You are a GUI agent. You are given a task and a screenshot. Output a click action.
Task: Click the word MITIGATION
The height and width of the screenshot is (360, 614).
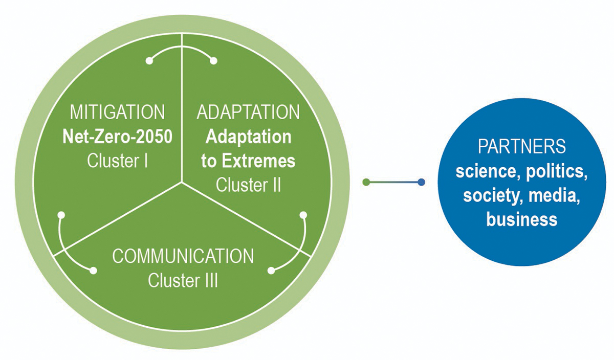tap(118, 112)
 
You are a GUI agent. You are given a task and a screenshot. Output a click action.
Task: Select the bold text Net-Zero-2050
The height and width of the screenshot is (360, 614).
tap(118, 137)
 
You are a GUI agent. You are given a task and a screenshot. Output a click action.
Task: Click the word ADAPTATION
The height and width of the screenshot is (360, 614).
tap(249, 112)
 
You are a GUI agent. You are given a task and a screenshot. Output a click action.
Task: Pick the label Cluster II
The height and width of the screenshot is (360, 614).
tap(249, 185)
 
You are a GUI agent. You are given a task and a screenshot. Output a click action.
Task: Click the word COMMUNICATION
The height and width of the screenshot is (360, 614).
tap(183, 256)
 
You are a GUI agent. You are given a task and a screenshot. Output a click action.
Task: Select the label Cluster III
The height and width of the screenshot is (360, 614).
tap(183, 280)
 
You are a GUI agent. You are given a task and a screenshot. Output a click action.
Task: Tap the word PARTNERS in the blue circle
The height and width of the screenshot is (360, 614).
tap(521, 147)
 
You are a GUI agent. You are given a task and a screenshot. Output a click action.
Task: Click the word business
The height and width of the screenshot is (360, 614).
tap(521, 219)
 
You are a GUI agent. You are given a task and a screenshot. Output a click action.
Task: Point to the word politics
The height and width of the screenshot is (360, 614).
tap(558, 171)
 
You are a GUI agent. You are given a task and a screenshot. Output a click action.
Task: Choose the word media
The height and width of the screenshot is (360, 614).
tap(556, 195)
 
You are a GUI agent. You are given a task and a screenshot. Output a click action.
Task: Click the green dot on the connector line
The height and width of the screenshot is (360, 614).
tap(366, 182)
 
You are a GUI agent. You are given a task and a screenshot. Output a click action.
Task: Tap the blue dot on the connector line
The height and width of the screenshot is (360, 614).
tap(421, 182)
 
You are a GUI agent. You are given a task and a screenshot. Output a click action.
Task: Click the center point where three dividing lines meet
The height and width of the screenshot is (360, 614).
tap(182, 182)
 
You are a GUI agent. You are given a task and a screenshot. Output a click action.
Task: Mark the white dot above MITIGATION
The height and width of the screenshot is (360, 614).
tap(149, 61)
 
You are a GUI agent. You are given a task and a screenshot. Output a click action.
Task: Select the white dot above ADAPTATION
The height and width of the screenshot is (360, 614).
tap(214, 61)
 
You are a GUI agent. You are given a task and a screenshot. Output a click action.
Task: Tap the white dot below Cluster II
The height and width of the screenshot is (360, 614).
tap(303, 214)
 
